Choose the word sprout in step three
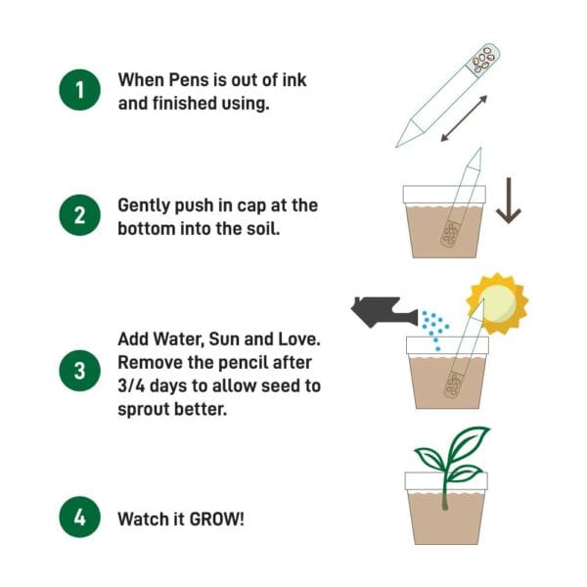point(144,410)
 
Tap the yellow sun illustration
point(497,304)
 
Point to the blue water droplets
point(434,328)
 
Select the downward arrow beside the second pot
point(508,201)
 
